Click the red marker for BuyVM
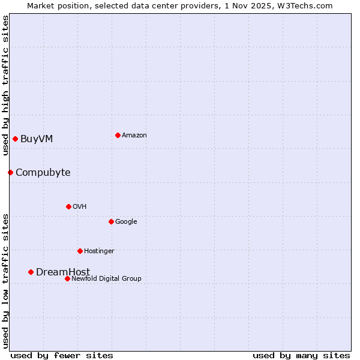pyautogui.click(x=15, y=139)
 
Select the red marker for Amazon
pyautogui.click(x=118, y=135)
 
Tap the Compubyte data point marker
pyautogui.click(x=10, y=173)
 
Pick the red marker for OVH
pyautogui.click(x=68, y=206)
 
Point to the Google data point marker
pyautogui.click(x=111, y=221)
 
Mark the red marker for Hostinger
pyautogui.click(x=80, y=251)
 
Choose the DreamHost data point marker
pyautogui.click(x=31, y=272)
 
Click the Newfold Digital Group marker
pyautogui.click(x=67, y=278)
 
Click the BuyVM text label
pyautogui.click(x=37, y=139)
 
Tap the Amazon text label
pyautogui.click(x=134, y=135)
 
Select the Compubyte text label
pyautogui.click(x=43, y=173)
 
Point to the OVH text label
pyautogui.click(x=80, y=206)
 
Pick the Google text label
pyautogui.click(x=126, y=221)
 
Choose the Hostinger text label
pyautogui.click(x=99, y=251)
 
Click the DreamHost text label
pyautogui.click(x=63, y=272)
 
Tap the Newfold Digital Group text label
pyautogui.click(x=106, y=278)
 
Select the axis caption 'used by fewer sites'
pyautogui.click(x=62, y=355)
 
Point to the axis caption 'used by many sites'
pyautogui.click(x=301, y=355)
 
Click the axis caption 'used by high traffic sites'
pyautogui.click(x=5, y=85)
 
